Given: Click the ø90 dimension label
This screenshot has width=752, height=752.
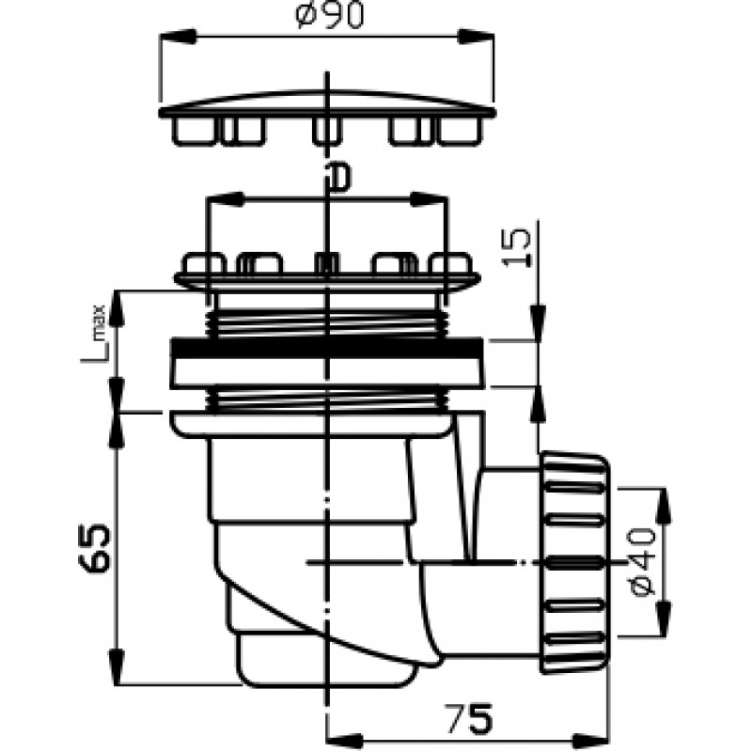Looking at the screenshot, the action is pyautogui.click(x=330, y=14).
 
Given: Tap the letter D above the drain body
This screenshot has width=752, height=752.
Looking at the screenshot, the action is pyautogui.click(x=338, y=176).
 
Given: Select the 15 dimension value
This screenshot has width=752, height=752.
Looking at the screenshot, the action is pyautogui.click(x=516, y=247).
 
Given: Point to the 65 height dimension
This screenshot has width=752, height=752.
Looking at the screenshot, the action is pyautogui.click(x=95, y=548).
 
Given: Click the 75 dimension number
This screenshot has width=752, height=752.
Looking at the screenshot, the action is pyautogui.click(x=469, y=718).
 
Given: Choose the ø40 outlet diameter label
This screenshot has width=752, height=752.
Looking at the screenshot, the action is pyautogui.click(x=642, y=561).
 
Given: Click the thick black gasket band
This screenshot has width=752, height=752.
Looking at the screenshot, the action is pyautogui.click(x=326, y=348).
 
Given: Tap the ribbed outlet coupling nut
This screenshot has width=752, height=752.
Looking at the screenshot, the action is pyautogui.click(x=574, y=562).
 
